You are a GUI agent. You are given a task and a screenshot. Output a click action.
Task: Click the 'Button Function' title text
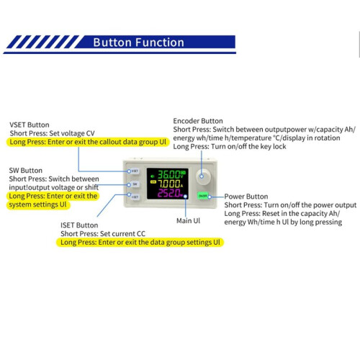pyautogui.click(x=138, y=42)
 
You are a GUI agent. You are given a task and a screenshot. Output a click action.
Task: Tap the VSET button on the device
pyautogui.click(x=135, y=171)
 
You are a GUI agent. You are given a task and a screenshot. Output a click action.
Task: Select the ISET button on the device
pyautogui.click(x=135, y=197)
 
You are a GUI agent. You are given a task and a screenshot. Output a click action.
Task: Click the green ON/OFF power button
pyautogui.click(x=203, y=196)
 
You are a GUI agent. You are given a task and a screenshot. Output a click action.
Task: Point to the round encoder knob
pyautogui.click(x=203, y=176)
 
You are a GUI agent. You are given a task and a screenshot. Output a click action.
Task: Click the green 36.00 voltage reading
pyautogui.click(x=168, y=174)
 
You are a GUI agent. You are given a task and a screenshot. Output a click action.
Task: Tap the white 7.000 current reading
pyautogui.click(x=169, y=184)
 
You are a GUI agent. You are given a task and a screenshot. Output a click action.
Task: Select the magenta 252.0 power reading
pyautogui.click(x=168, y=193)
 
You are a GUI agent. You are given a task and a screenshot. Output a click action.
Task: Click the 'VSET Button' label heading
pyautogui.click(x=30, y=125)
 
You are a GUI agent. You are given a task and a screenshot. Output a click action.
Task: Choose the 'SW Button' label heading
pyautogui.click(x=25, y=171)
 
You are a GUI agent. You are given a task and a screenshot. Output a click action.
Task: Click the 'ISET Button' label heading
pyautogui.click(x=79, y=225)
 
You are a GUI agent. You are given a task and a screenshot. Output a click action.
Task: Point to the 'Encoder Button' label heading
pyautogui.click(x=198, y=121)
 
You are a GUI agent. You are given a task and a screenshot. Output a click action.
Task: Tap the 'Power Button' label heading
pyautogui.click(x=246, y=197)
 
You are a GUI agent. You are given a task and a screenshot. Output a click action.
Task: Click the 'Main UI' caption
pyautogui.click(x=188, y=220)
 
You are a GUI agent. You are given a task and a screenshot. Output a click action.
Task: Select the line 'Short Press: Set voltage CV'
pyautogui.click(x=52, y=133)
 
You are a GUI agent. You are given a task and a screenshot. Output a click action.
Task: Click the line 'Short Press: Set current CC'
pyautogui.click(x=103, y=233)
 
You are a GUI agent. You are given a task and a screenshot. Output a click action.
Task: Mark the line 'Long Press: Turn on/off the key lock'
pyautogui.click(x=230, y=146)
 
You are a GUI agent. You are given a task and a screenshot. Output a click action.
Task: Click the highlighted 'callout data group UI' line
pyautogui.click(x=88, y=142)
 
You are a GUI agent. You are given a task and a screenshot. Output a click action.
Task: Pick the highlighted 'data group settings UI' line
pyautogui.click(x=140, y=242)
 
